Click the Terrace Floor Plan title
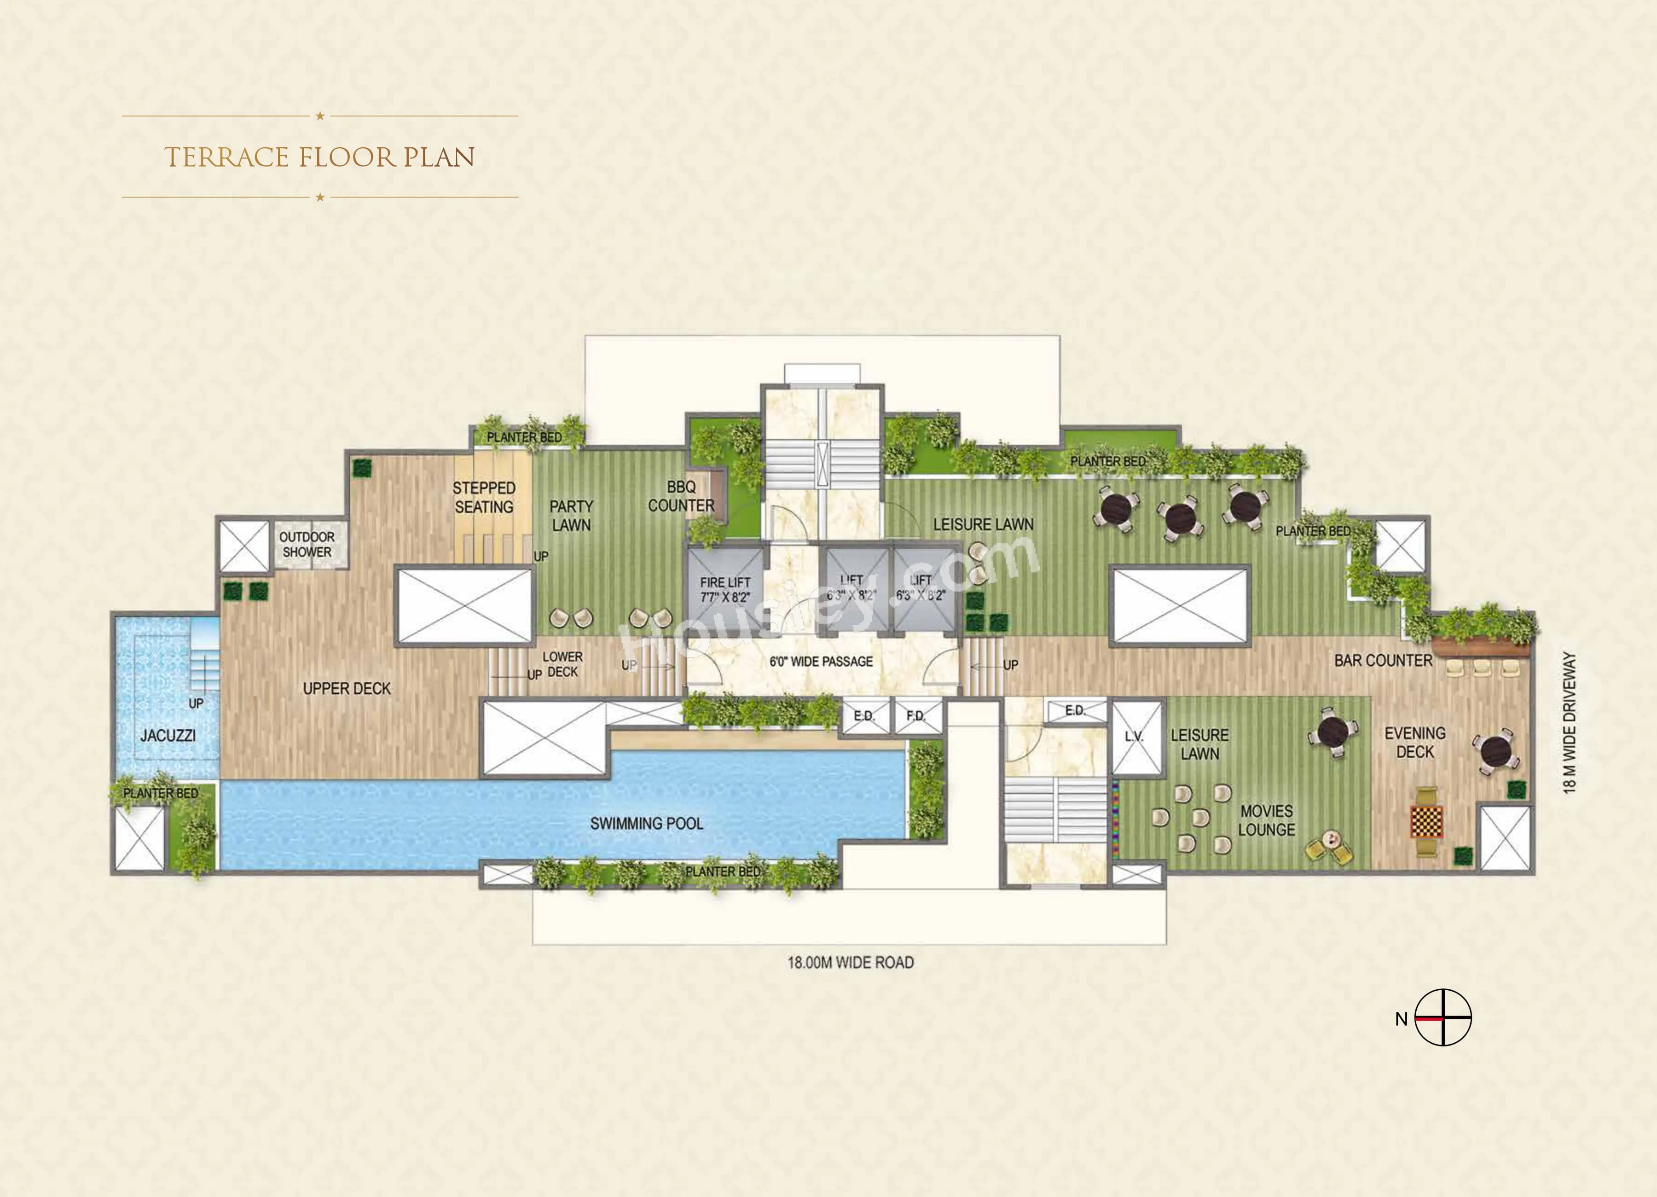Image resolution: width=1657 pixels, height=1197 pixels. click(x=319, y=157)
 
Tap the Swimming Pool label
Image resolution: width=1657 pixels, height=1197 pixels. click(x=647, y=824)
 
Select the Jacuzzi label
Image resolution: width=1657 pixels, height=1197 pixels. click(x=168, y=735)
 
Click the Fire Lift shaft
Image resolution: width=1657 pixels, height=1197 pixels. click(x=725, y=589)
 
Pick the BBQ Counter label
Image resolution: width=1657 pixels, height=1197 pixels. click(x=681, y=496)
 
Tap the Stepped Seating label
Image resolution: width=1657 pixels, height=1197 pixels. click(x=484, y=497)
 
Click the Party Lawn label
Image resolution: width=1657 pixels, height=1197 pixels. click(x=571, y=515)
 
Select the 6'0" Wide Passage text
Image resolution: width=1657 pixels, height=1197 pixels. click(x=821, y=662)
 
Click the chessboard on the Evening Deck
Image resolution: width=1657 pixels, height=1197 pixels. click(x=1426, y=821)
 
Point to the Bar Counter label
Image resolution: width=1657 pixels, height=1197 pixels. click(x=1383, y=661)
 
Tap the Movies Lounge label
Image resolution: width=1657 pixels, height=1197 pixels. click(x=1266, y=820)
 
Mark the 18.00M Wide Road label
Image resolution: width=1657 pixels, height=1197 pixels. click(x=851, y=962)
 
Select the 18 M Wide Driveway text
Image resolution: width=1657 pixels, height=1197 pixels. click(x=1570, y=723)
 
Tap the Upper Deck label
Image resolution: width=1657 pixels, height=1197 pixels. click(x=347, y=688)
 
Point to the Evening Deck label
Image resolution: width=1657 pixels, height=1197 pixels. click(x=1415, y=743)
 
